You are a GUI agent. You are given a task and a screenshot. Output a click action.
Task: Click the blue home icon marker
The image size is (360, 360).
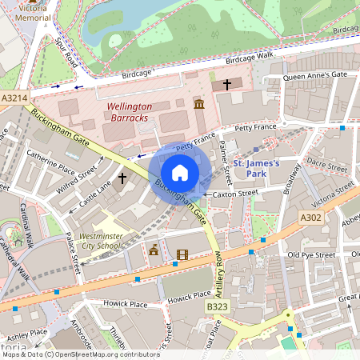(x=180, y=172)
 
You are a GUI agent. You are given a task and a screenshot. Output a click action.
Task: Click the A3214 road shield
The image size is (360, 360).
(x=15, y=98)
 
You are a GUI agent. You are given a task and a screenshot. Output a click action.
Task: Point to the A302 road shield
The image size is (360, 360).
(x=312, y=218)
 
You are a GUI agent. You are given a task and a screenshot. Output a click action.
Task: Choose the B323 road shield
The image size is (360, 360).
(x=217, y=307)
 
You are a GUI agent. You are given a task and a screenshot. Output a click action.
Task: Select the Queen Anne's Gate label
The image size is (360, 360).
(x=315, y=75)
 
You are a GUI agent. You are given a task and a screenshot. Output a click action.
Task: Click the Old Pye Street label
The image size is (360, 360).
(x=311, y=255)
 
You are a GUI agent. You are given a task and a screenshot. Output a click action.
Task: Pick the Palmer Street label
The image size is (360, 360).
(x=226, y=160)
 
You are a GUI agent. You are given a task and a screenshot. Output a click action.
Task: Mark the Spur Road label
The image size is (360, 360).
(x=65, y=50)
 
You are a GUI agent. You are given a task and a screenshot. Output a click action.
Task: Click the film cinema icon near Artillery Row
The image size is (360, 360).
(x=182, y=256)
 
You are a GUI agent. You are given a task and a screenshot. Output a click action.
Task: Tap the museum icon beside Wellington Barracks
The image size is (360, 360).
(x=198, y=105)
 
